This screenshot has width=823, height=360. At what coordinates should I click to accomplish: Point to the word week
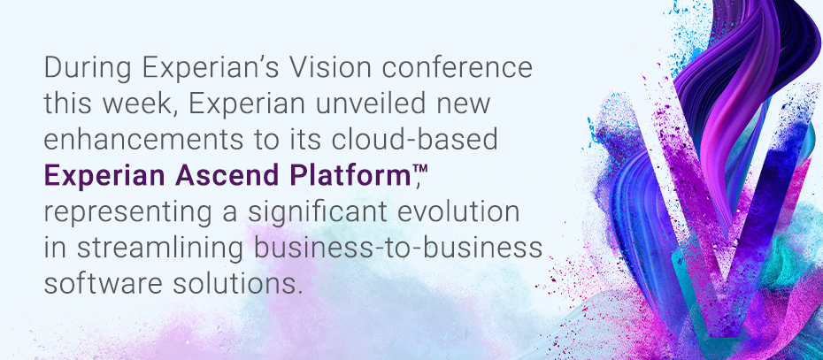[142, 103]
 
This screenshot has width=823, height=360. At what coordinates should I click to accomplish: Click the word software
[104, 283]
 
